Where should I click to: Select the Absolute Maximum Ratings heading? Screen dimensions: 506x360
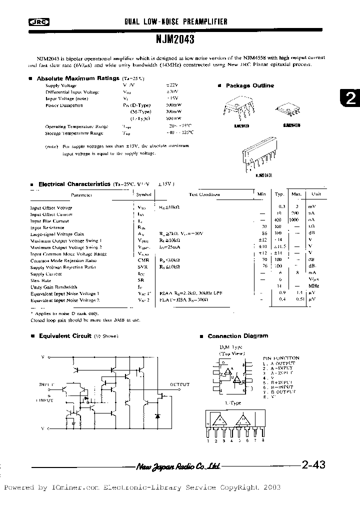[77, 78]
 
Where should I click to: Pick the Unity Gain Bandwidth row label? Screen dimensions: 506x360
[50, 287]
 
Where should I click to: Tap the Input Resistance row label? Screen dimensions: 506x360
[48, 227]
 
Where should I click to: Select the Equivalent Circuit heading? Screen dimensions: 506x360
[65, 336]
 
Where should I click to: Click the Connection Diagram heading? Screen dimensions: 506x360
[237, 336]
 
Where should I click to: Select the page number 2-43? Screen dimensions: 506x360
[313, 464]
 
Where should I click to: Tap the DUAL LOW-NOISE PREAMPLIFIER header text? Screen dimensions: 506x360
[175, 22]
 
